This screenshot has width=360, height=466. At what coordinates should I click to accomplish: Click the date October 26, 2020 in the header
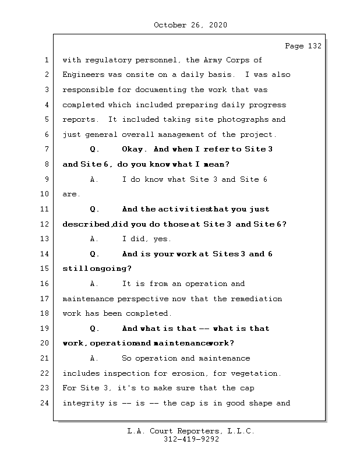pos(190,25)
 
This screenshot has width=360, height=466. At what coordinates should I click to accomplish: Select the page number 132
pos(313,46)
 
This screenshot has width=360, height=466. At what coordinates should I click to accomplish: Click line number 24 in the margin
pos(44,403)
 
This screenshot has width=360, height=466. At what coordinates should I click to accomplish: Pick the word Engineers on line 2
pos(83,75)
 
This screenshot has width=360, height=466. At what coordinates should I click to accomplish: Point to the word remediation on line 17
pos(257,299)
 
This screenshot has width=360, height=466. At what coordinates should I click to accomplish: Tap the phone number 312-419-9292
pos(190,440)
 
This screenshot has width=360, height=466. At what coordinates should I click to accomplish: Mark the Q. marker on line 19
pos(94,329)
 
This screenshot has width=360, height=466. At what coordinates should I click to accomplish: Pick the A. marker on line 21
pos(94,358)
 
